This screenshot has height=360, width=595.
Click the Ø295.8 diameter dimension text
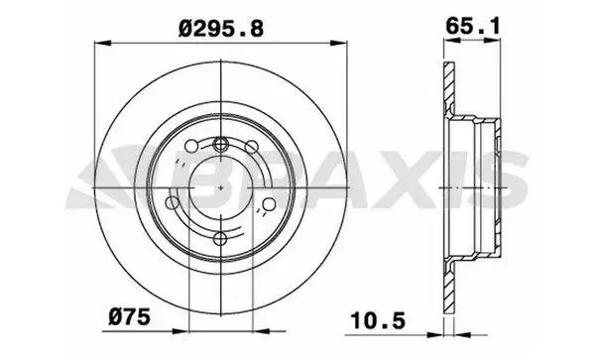221,29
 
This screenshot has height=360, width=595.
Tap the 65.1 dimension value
473,26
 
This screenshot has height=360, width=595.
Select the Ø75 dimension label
129,316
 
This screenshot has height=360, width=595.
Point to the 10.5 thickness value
378,321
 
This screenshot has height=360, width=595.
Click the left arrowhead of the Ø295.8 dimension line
102,43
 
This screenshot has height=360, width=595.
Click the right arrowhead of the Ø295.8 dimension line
338,43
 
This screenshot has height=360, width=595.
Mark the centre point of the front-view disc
221,187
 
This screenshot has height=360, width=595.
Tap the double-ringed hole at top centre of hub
220,144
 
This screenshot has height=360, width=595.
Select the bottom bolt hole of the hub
220,239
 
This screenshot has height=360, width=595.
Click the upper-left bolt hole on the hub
191,146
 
